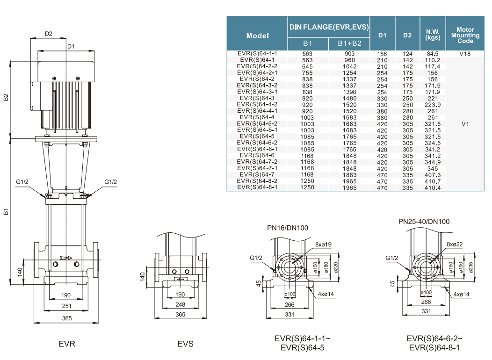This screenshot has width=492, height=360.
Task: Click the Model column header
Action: [x=257, y=36]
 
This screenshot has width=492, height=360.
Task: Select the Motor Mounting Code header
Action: [x=465, y=35]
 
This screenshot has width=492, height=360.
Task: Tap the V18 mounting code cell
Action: [x=465, y=54]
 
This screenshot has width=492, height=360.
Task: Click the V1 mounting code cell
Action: [x=465, y=124]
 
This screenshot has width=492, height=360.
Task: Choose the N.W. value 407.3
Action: [x=433, y=175]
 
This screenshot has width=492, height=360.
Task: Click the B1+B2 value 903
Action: [x=350, y=54]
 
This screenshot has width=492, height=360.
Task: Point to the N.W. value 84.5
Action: [x=433, y=54]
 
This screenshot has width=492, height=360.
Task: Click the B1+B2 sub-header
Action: [x=350, y=43]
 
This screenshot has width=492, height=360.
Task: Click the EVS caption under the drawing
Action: [x=185, y=344]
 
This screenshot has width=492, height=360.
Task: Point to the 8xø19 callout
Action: [x=323, y=245]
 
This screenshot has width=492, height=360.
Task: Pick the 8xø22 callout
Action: [x=455, y=245]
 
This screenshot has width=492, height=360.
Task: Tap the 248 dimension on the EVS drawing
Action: [x=180, y=305]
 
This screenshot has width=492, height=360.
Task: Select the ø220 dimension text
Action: [x=335, y=267]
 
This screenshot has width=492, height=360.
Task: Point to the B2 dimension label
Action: [x=6, y=97]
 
